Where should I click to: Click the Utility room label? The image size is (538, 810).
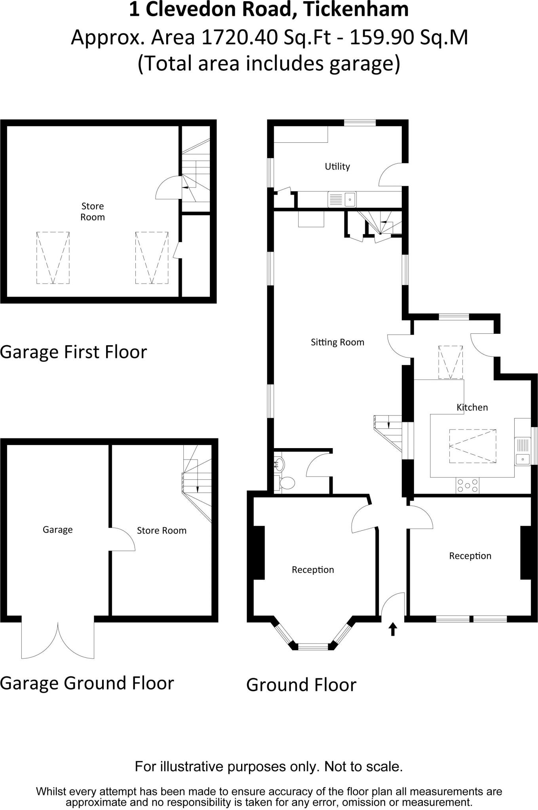tap(337, 167)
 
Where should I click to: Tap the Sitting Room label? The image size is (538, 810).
tap(337, 342)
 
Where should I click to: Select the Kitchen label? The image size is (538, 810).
tap(472, 407)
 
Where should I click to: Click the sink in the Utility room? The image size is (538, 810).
tap(342, 199)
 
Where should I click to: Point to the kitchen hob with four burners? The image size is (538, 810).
tap(468, 485)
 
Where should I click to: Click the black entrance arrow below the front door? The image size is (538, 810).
tap(393, 629)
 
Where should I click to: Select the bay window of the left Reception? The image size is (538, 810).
tap(313, 646)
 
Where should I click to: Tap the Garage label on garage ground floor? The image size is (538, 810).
tap(58, 530)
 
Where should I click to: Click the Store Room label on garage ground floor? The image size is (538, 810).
tap(162, 530)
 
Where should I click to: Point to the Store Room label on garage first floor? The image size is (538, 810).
tap(93, 212)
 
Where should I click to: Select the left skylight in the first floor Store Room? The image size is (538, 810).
tap(53, 257)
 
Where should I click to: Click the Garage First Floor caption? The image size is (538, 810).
tap(74, 352)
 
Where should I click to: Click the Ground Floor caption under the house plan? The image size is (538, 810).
tap(301, 685)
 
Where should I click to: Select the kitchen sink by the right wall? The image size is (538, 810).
tap(523, 451)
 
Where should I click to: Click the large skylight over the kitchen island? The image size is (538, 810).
tap(473, 446)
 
